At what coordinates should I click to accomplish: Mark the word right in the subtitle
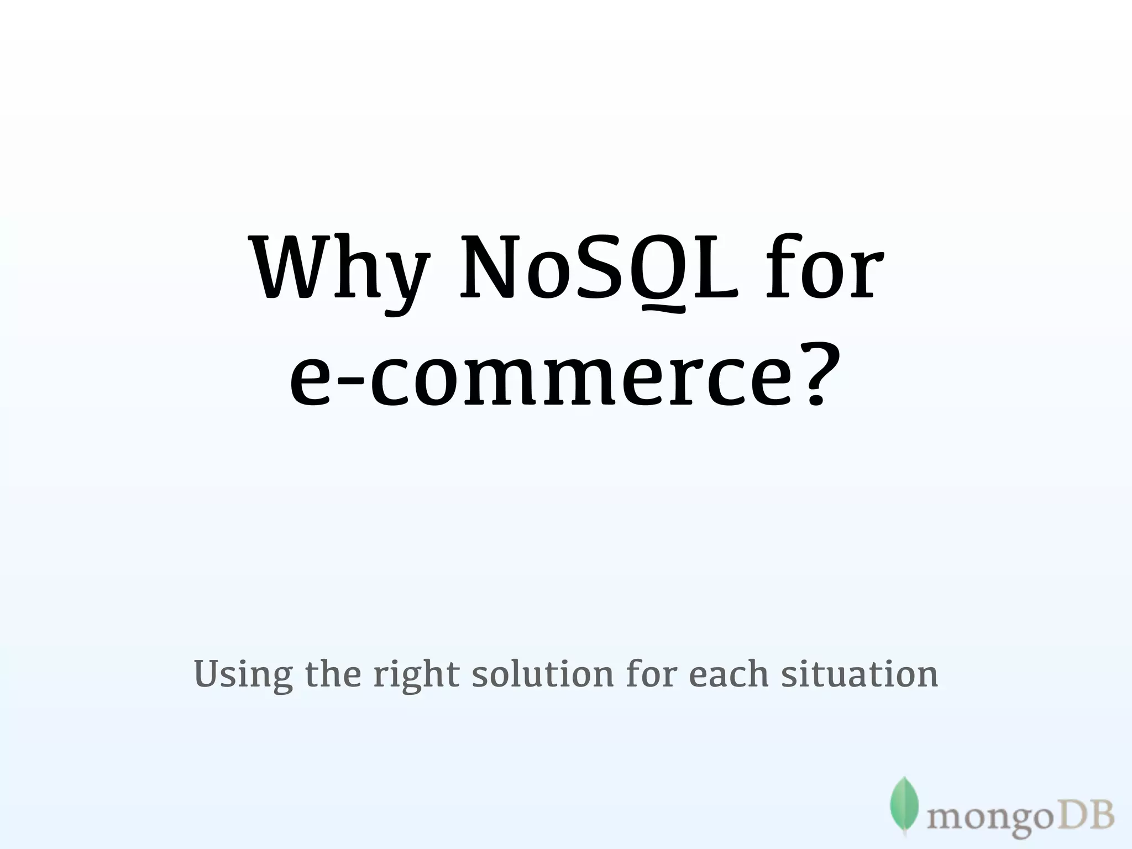[416, 675]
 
